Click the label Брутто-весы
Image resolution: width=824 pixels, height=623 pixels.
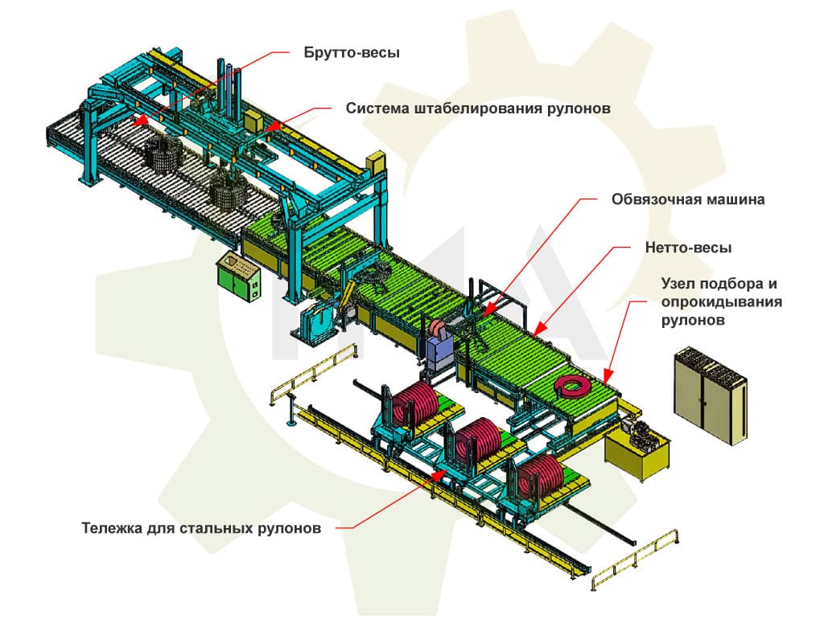352,53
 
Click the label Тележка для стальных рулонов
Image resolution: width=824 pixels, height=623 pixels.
201,528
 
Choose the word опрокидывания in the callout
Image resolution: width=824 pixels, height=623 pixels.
721,301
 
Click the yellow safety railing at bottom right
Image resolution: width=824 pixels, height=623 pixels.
636,562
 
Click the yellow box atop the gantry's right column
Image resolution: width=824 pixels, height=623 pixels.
376,161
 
